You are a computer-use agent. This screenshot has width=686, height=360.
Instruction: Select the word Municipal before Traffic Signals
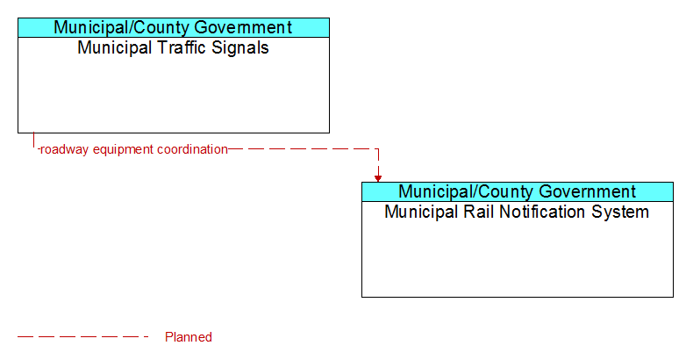(115, 47)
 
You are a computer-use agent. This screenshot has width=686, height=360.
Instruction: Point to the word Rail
(479, 212)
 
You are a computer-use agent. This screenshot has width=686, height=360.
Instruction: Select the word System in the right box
(620, 212)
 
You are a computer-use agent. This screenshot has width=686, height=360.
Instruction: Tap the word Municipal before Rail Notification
(422, 212)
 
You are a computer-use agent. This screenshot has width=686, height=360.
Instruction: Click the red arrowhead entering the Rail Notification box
(378, 178)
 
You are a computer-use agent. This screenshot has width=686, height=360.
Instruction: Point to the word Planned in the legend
(189, 337)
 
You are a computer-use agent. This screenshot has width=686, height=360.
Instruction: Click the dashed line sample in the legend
(83, 337)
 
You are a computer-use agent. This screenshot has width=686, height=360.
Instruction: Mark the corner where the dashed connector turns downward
(378, 149)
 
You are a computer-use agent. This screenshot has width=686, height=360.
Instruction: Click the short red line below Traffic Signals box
(33, 140)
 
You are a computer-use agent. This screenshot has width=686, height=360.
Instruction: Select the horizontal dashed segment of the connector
(304, 149)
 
